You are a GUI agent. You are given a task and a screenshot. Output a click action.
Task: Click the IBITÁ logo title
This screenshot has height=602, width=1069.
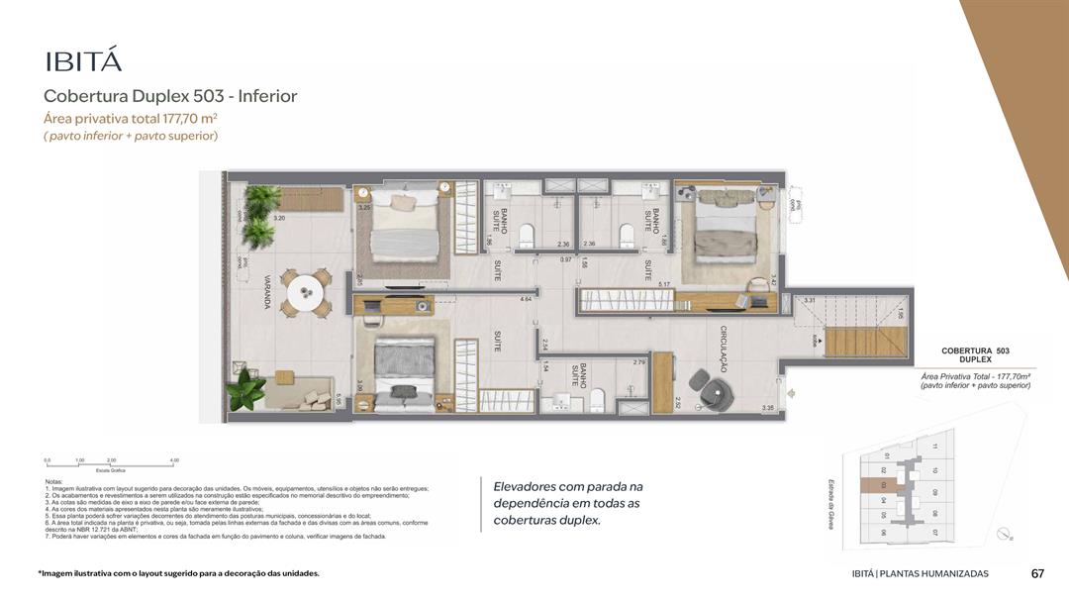[83, 60]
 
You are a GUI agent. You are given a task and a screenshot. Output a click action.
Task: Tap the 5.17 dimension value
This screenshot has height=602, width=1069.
[665, 285]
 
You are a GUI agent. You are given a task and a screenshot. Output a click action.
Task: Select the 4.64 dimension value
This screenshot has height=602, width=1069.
[527, 298]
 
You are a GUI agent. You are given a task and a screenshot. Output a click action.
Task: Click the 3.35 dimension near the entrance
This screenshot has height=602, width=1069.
[767, 408]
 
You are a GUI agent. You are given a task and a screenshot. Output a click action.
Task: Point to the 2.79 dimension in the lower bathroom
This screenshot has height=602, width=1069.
[638, 362]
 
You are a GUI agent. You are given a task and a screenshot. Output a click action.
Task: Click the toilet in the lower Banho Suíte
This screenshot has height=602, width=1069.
[597, 399]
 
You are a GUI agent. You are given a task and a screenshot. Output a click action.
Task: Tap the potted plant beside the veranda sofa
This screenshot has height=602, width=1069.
[243, 389]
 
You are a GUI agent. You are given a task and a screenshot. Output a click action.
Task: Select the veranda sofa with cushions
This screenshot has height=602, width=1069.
[303, 392]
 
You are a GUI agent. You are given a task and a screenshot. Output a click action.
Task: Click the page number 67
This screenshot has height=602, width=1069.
[1037, 573]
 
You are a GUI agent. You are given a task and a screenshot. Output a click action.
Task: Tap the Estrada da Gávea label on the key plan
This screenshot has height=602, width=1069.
[832, 503]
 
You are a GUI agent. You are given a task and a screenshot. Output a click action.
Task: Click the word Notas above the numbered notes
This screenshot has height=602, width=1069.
[54, 481]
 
